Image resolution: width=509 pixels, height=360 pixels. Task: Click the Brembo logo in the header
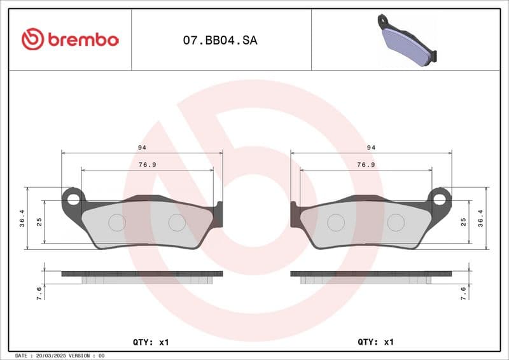pyautogui.click(x=70, y=39)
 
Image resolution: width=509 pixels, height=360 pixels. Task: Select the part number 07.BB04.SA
pyautogui.click(x=220, y=40)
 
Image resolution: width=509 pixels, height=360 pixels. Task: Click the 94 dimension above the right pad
pyautogui.click(x=372, y=148)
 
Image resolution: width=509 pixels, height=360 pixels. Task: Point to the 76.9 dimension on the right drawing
pyautogui.click(x=365, y=165)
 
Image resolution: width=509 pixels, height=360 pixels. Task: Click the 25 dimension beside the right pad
pyautogui.click(x=464, y=222)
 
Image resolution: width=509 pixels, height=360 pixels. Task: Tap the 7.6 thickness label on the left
pyautogui.click(x=39, y=293)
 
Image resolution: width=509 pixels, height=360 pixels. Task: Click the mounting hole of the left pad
pyautogui.click(x=73, y=198)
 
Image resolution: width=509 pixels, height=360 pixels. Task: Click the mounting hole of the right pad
pyautogui.click(x=440, y=198)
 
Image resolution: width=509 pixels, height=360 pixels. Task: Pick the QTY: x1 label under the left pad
pyautogui.click(x=151, y=342)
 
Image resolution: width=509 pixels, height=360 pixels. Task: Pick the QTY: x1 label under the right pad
pyautogui.click(x=376, y=342)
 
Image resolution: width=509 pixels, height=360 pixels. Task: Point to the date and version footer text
pyautogui.click(x=59, y=356)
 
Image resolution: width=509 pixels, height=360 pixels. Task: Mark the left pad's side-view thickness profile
pyautogui.click(x=142, y=275)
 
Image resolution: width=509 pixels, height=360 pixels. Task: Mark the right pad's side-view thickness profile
pyautogui.click(x=371, y=275)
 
